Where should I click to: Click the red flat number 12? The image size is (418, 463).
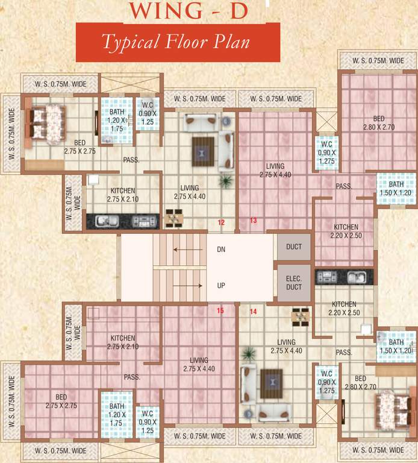tap(221, 222)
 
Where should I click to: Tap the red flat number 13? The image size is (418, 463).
tap(254, 221)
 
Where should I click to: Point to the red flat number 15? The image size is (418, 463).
tap(220, 310)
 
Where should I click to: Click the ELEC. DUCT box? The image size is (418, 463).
tap(294, 283)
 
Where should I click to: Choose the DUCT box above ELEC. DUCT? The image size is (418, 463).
tap(294, 247)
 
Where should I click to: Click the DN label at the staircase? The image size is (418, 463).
tap(221, 249)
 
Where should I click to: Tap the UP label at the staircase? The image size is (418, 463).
tap(221, 286)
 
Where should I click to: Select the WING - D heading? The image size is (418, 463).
tap(188, 11)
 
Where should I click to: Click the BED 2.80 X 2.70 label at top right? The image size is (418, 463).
tap(378, 124)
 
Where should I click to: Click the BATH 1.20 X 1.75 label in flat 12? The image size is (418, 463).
tap(117, 121)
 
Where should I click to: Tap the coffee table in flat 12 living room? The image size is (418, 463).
tap(202, 150)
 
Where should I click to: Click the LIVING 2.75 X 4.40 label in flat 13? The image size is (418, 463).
tap(275, 170)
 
